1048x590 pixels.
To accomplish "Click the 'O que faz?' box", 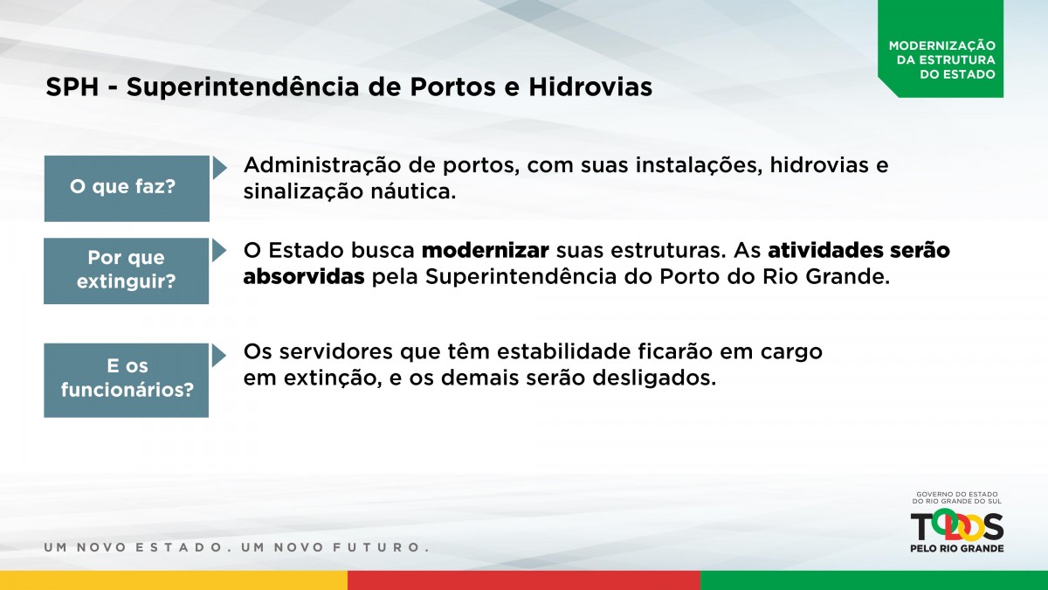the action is coord(127,188).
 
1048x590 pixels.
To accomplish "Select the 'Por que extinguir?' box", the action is coord(127,271).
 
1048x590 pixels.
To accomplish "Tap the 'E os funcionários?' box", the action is coord(127,380).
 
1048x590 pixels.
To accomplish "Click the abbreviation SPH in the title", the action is coord(72,87).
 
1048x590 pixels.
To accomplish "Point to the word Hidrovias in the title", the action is coord(590,87).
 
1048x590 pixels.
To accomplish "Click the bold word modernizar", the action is coord(486,251).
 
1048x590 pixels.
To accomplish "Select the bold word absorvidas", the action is coord(304,277).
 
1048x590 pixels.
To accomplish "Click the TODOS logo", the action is coord(957,526).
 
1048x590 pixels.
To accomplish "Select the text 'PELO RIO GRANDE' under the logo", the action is coord(957,548).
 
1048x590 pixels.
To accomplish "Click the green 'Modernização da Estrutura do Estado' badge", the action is coord(941,49).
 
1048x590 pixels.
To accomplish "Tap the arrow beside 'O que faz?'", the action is coord(219,168).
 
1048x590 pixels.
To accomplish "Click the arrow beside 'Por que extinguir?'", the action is coord(219,251).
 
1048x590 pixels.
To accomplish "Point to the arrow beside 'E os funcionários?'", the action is coord(219,356).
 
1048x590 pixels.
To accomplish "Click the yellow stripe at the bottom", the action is coord(174,580).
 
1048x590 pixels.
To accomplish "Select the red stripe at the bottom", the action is coord(524,580).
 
